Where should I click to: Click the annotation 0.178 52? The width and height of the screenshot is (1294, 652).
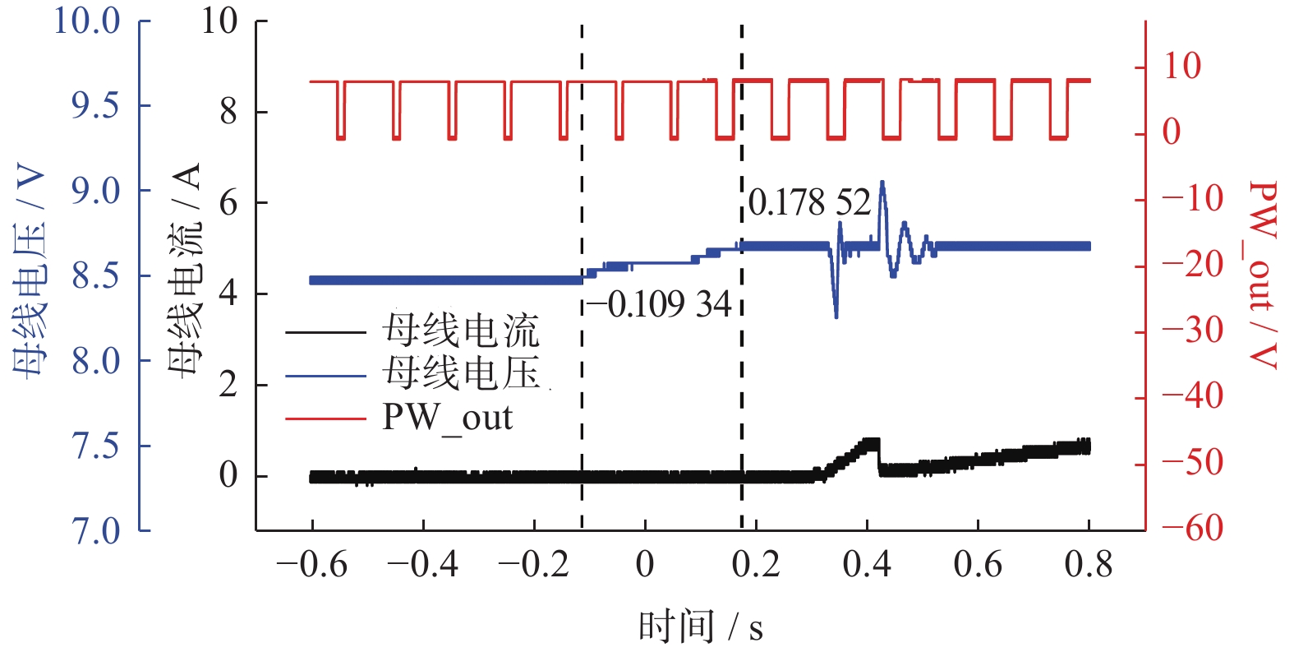tap(809, 202)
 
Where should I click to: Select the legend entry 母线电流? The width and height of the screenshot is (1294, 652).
tap(460, 331)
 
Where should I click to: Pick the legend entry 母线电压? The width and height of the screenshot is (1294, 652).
tap(460, 374)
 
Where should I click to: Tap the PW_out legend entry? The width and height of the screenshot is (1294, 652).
tap(447, 418)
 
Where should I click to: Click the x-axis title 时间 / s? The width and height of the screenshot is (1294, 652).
tap(700, 627)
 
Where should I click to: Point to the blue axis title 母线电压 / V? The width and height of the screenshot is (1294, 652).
tap(30, 272)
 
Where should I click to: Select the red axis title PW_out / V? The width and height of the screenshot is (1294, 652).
tap(1264, 275)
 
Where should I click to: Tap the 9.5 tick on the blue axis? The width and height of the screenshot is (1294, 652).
tap(95, 105)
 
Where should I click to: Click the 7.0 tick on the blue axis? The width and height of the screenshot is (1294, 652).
tap(95, 531)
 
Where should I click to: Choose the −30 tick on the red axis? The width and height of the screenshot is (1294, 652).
tap(1193, 331)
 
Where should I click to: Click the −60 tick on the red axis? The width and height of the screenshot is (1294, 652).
tap(1193, 529)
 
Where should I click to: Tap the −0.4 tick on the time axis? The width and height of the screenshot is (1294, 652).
tap(422, 566)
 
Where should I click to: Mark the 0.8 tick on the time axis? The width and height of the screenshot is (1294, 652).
tap(1089, 566)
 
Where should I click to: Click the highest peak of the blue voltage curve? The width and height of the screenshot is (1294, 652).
tap(882, 183)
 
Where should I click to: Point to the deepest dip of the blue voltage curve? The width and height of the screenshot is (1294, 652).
tap(836, 316)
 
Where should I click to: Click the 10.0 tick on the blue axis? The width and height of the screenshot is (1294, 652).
tap(87, 21)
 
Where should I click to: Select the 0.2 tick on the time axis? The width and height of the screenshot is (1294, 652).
tap(756, 566)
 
